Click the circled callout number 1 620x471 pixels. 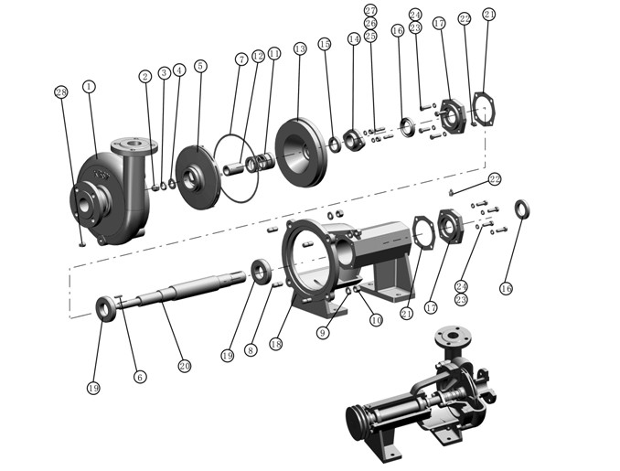[x=89, y=86]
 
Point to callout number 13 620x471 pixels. [x=299, y=48]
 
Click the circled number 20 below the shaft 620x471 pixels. [x=184, y=366]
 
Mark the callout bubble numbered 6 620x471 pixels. [x=140, y=376]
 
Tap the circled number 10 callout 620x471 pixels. [x=376, y=321]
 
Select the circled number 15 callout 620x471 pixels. [x=325, y=44]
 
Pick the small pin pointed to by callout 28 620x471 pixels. [x=81, y=242]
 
